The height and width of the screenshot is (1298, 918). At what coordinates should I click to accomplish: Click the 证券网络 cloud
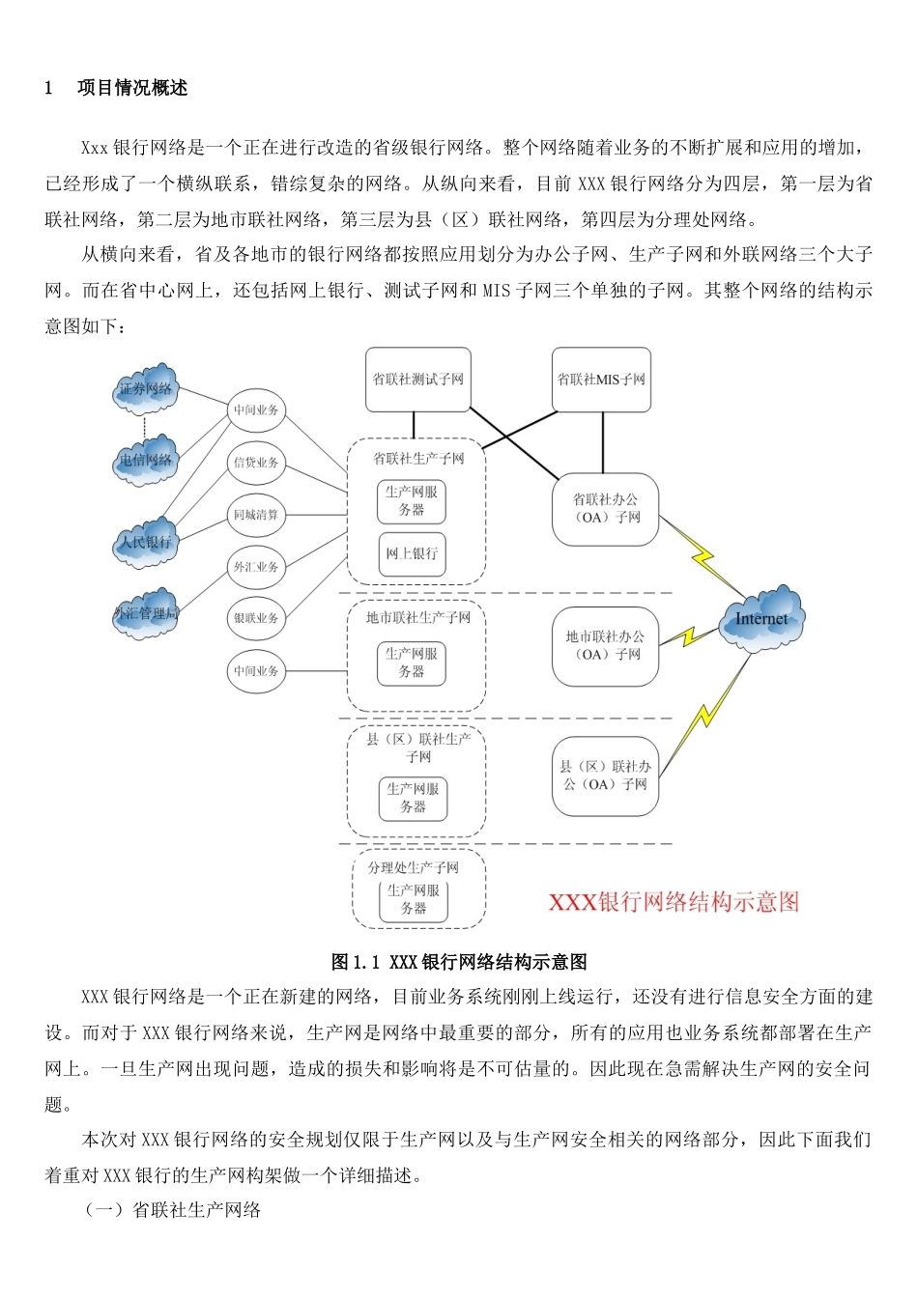click(x=146, y=388)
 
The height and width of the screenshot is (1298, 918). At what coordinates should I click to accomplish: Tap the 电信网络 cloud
click(x=146, y=459)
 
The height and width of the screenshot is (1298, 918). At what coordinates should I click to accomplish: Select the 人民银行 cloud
click(x=146, y=542)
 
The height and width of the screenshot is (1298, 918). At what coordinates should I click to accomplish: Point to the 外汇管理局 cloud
click(x=146, y=612)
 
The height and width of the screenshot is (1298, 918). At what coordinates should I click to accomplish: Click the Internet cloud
click(x=761, y=619)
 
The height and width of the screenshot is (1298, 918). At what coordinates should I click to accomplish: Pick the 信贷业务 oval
click(x=256, y=462)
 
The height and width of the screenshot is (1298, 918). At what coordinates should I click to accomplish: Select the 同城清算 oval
click(x=256, y=515)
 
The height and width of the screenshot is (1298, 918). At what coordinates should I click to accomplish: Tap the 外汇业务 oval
click(x=256, y=567)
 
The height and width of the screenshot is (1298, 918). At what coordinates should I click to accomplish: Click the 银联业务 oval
click(x=256, y=618)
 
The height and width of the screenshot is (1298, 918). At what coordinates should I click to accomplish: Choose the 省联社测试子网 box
click(x=418, y=380)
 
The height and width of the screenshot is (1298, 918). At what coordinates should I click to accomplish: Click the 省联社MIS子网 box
click(x=601, y=380)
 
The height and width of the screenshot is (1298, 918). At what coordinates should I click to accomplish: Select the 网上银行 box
click(x=412, y=553)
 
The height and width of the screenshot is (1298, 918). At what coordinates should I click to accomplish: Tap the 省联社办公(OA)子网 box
click(x=606, y=509)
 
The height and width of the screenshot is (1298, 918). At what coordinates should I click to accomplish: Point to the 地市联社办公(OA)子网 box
click(x=605, y=646)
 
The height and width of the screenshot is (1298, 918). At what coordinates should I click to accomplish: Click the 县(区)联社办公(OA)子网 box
click(x=606, y=776)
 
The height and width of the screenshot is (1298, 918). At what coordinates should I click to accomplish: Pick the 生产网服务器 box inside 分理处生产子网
click(x=414, y=899)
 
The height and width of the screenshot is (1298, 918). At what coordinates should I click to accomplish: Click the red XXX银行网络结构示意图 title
click(x=674, y=902)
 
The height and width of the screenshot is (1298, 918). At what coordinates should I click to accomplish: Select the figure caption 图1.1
click(x=459, y=962)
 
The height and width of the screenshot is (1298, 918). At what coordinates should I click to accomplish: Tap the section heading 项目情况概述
click(x=132, y=88)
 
